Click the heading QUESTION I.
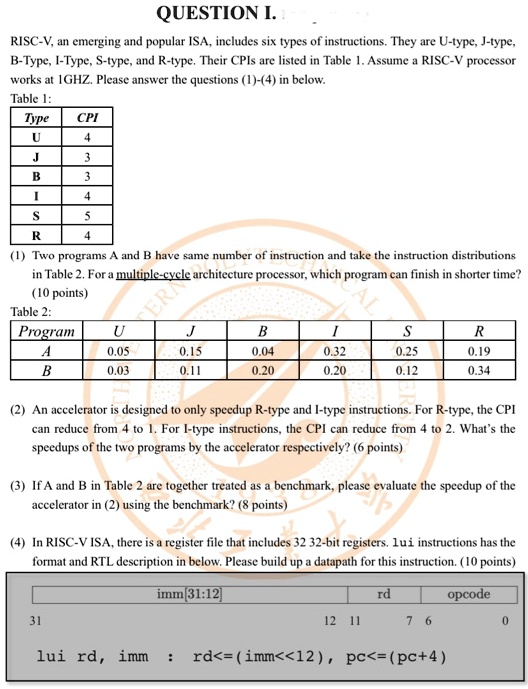221,15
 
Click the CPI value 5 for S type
87,216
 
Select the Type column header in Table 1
36,118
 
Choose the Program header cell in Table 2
47,331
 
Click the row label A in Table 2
47,351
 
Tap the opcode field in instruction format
468,594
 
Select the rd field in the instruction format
383,594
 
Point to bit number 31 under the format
37,619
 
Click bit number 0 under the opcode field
506,619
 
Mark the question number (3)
19,485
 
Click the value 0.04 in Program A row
263,351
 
